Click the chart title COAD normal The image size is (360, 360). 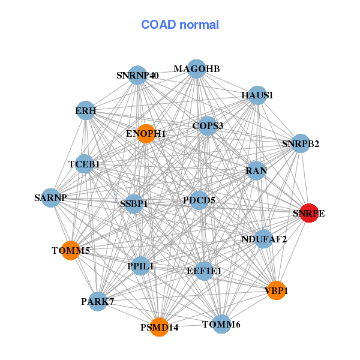pyautogui.click(x=180, y=25)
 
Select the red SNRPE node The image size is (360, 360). pyautogui.click(x=309, y=213)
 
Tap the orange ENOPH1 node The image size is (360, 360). pyautogui.click(x=146, y=133)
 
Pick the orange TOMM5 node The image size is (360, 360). pyautogui.click(x=71, y=250)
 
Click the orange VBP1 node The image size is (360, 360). pyautogui.click(x=276, y=290)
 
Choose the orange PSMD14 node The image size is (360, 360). pyautogui.click(x=160, y=327)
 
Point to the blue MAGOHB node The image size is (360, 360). pyautogui.click(x=197, y=69)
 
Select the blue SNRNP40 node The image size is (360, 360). pyautogui.click(x=138, y=76)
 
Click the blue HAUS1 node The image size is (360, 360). pyautogui.click(x=257, y=95)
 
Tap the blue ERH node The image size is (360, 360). pyautogui.click(x=86, y=110)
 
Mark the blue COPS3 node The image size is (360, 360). pyautogui.click(x=208, y=126)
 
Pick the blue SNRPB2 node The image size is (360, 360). pyautogui.click(x=301, y=144)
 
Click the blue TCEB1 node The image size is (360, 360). pyautogui.click(x=84, y=164)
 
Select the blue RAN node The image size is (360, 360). pyautogui.click(x=256, y=171)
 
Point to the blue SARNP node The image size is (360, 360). pyautogui.click(x=50, y=197)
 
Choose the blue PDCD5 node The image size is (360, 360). pyautogui.click(x=199, y=199)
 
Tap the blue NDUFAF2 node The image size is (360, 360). pyautogui.click(x=264, y=239)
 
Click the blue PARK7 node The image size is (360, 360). pyautogui.click(x=98, y=301)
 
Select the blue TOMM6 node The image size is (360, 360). pyautogui.click(x=221, y=324)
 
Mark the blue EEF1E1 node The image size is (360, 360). pyautogui.click(x=204, y=271)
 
